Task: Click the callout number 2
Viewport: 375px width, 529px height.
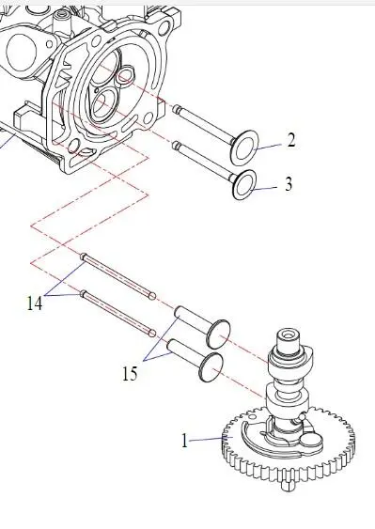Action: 291,140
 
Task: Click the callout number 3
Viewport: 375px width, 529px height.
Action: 289,184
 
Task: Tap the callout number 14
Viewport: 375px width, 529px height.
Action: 35,303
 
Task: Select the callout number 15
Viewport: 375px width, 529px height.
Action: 130,374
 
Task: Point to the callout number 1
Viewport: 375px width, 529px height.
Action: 184,441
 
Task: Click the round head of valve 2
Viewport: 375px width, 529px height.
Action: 244,148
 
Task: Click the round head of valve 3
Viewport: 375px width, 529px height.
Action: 244,185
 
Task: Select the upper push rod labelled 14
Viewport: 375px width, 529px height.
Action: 117,276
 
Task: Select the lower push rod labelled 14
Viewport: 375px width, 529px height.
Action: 117,313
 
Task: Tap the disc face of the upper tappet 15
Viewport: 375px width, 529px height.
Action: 219,334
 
